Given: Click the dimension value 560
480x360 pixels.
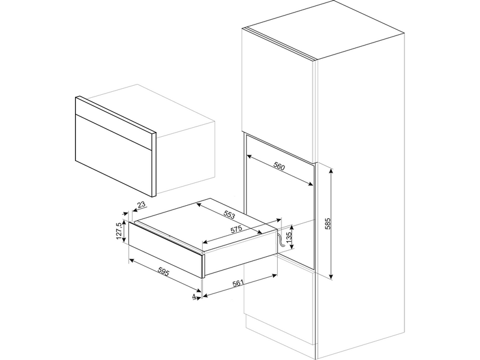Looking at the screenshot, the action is [279, 167].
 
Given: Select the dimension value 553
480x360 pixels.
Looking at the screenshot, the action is [229, 215].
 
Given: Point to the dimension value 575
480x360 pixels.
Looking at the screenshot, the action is [236, 230].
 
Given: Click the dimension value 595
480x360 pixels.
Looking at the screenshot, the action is [163, 271].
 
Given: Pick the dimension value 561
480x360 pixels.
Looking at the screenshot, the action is [238, 283].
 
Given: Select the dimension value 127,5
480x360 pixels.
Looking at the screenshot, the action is [119, 232].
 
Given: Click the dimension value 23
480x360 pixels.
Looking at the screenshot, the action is [142, 205].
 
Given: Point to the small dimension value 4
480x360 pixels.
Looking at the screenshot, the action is [193, 296].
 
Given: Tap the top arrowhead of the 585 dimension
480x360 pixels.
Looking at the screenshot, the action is [331, 170].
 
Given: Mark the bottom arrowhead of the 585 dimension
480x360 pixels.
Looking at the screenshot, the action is [331, 277].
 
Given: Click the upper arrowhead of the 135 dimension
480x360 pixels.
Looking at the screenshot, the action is [292, 227].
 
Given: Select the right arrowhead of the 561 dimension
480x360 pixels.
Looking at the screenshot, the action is [275, 275].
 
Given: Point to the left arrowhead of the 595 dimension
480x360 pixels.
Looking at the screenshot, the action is [131, 260].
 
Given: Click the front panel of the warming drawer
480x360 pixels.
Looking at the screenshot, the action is [166, 249].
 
